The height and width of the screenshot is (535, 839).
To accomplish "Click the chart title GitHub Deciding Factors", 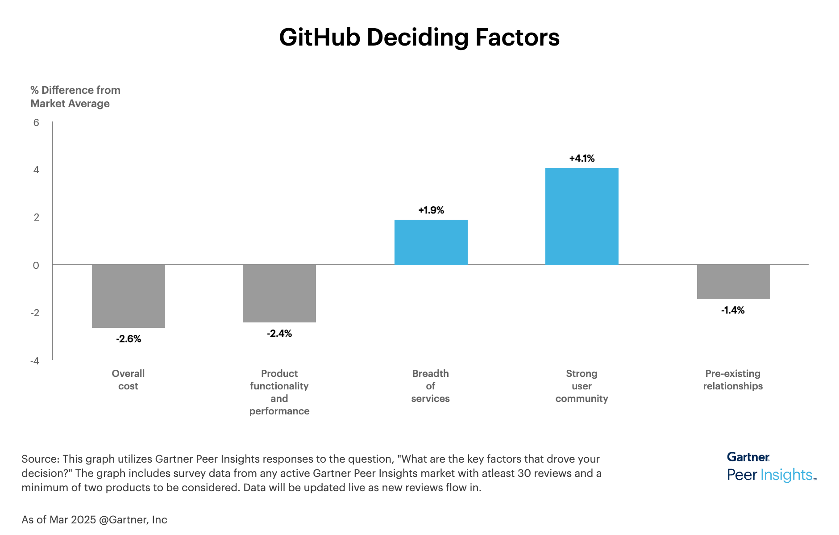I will (x=419, y=37).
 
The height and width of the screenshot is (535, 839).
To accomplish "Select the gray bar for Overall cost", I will (x=129, y=296).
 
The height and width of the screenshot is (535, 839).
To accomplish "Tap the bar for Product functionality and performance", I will (x=279, y=293).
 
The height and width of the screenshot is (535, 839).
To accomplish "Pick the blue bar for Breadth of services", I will (x=431, y=242).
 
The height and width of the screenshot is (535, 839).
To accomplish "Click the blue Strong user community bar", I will (x=581, y=216).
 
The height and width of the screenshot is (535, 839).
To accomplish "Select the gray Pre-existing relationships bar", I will (x=733, y=282).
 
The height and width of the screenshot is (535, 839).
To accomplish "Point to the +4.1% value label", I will (x=581, y=159).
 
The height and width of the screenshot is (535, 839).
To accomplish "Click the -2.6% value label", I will (x=129, y=339).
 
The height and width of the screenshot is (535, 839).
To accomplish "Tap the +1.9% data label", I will (x=431, y=210).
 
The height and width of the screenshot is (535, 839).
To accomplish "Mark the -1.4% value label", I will (x=733, y=310).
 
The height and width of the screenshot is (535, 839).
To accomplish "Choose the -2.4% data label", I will (x=279, y=334).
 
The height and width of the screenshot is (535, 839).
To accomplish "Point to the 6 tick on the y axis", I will (x=36, y=123).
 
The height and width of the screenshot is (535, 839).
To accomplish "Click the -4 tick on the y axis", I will (x=35, y=361).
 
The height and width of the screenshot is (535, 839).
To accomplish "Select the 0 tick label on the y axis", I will (x=36, y=266).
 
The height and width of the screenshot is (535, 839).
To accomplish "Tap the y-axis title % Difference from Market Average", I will (x=75, y=97).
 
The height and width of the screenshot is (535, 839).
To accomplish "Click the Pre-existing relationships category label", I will (x=733, y=380).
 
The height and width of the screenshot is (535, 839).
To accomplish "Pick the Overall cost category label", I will (x=128, y=380).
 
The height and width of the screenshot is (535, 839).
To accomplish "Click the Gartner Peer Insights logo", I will (x=771, y=467).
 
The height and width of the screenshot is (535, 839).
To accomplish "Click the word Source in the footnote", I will (x=40, y=459).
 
